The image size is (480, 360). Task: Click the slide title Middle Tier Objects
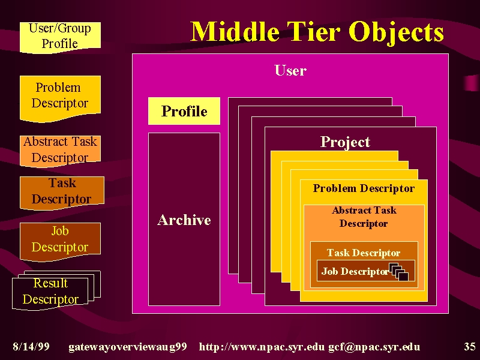click(x=317, y=32)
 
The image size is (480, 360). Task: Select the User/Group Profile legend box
click(x=61, y=37)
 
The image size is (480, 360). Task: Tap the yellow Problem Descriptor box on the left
click(x=61, y=98)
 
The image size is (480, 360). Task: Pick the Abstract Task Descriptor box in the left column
click(x=61, y=151)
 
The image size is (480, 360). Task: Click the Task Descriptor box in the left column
click(x=62, y=193)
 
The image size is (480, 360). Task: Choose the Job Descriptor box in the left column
click(x=61, y=241)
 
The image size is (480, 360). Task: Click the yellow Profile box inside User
click(x=184, y=111)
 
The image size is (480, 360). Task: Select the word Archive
click(x=184, y=220)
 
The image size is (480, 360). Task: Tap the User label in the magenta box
click(x=290, y=70)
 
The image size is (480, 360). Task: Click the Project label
click(x=345, y=142)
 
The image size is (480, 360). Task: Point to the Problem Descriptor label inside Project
click(x=364, y=188)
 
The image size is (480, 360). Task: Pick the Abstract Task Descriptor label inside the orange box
click(x=364, y=217)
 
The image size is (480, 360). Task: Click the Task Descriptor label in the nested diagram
click(x=364, y=253)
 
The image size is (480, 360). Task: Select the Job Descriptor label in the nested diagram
click(x=355, y=271)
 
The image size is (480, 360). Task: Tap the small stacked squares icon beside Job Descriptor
click(x=398, y=271)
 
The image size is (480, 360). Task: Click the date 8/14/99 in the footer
click(x=31, y=347)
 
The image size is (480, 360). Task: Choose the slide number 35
click(x=470, y=347)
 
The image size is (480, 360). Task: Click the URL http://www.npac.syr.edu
click(x=262, y=347)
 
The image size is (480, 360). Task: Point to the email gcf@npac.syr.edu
click(x=374, y=347)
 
